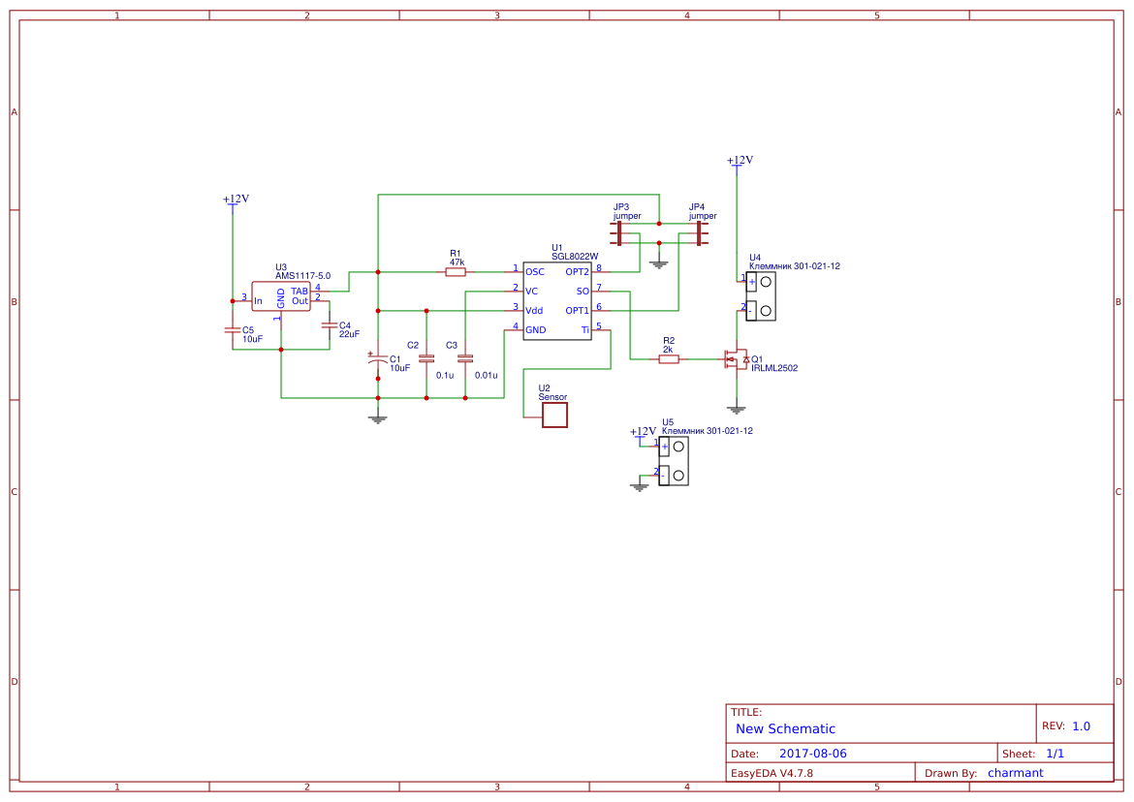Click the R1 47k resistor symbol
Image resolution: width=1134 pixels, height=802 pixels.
[x=456, y=272]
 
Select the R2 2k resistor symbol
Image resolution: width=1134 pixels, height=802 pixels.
[x=669, y=359]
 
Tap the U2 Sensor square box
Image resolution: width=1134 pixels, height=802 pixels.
[x=554, y=416]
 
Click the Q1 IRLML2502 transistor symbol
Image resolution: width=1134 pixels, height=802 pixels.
[x=735, y=360]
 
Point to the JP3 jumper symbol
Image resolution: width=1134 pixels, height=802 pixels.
[x=617, y=233]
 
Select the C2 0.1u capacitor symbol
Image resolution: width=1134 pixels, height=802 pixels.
[x=426, y=358]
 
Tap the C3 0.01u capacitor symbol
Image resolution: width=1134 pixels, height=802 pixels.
[x=465, y=358]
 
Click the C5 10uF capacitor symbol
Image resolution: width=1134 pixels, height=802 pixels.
[x=233, y=329]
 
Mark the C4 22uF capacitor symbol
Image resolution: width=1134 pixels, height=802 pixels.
[x=330, y=325]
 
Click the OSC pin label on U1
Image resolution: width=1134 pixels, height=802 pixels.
[x=535, y=272]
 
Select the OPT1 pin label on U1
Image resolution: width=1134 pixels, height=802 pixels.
[x=578, y=311]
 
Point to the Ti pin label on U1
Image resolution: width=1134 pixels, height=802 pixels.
[x=584, y=330]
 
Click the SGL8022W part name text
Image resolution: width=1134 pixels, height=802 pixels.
[x=575, y=257]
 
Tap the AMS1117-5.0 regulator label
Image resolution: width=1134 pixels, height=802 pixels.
[x=302, y=276]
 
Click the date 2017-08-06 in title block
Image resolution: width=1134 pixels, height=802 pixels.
[x=812, y=754]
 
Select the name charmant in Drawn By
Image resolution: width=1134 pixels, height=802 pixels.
[x=1015, y=773]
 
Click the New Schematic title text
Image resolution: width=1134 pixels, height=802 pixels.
[x=785, y=728]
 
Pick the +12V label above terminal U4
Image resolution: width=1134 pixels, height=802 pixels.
[x=740, y=161]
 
